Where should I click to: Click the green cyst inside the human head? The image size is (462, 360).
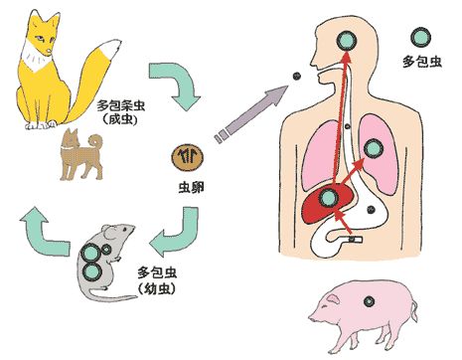pos(347,41)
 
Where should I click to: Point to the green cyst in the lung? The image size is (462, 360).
pos(373,148)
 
